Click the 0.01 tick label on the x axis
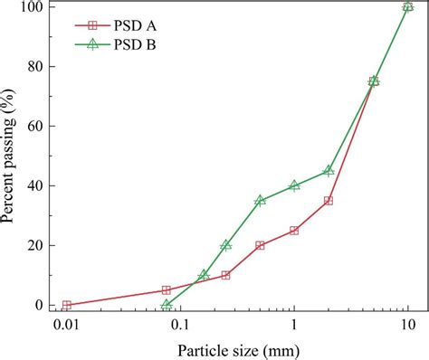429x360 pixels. coord(66,324)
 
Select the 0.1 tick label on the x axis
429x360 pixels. coord(180,324)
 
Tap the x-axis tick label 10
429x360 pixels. coord(408,324)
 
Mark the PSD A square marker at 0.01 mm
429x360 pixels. coord(66,306)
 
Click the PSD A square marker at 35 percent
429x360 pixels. coord(329,201)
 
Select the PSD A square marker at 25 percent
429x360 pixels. coord(294,231)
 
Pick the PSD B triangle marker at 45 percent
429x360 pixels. coord(329,170)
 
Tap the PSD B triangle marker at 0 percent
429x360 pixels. coord(167,305)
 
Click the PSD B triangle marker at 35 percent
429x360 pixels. coord(260,200)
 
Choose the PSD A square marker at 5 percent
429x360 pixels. coord(167,290)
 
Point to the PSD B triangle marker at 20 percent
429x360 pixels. coord(225,245)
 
